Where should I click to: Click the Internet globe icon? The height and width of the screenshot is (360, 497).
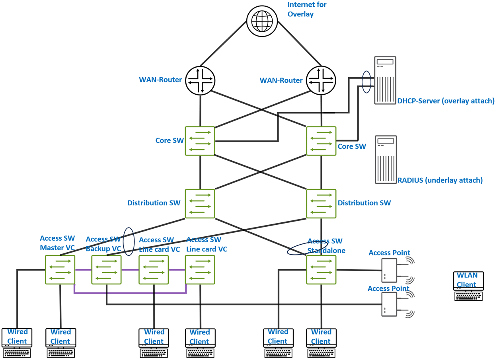pyautogui.click(x=261, y=21)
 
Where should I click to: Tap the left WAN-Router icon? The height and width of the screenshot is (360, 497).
pyautogui.click(x=200, y=80)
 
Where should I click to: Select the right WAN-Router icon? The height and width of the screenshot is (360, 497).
pyautogui.click(x=321, y=80)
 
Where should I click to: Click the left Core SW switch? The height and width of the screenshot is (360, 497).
pyautogui.click(x=200, y=141)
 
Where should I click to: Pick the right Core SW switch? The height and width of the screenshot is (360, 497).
pyautogui.click(x=321, y=141)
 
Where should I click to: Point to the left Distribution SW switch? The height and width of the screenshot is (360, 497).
pyautogui.click(x=200, y=203)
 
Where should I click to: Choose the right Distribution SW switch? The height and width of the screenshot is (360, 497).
pyautogui.click(x=321, y=203)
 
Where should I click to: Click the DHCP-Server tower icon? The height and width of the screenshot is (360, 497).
pyautogui.click(x=385, y=80)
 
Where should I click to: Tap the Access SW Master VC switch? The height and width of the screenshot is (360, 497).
pyautogui.click(x=60, y=270)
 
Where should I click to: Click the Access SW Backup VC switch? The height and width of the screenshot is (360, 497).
pyautogui.click(x=107, y=270)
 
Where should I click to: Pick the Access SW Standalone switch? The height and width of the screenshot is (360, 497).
pyautogui.click(x=321, y=270)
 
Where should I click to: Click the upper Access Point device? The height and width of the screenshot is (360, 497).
pyautogui.click(x=389, y=270)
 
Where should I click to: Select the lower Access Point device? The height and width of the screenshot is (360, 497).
pyautogui.click(x=389, y=304)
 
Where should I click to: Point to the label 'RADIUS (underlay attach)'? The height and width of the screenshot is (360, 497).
pyautogui.click(x=440, y=180)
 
